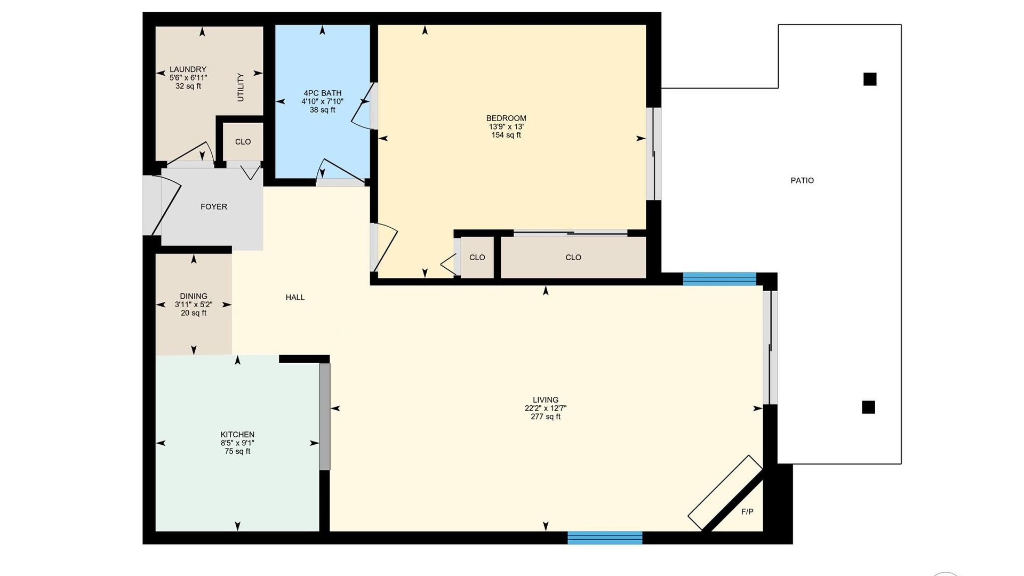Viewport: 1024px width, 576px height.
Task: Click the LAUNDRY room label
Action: [188, 69]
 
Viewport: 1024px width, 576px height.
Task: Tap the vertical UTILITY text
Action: [241, 87]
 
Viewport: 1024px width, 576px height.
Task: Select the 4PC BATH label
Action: [322, 93]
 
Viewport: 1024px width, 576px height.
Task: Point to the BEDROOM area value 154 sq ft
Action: [506, 135]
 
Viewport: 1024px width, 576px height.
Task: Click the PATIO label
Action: [802, 181]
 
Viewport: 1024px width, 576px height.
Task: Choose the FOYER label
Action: [214, 207]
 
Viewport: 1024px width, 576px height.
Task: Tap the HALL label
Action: [295, 298]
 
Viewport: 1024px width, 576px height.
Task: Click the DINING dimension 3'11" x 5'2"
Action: [194, 305]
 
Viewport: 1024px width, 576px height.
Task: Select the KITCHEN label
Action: [237, 435]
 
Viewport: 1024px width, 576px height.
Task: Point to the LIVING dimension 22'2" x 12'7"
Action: [546, 409]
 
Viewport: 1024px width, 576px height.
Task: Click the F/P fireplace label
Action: [747, 512]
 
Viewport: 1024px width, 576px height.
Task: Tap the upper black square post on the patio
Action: [870, 79]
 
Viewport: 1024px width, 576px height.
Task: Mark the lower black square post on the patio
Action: [868, 407]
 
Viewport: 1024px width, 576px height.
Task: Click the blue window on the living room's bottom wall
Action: [605, 538]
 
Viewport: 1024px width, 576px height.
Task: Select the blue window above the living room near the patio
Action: [719, 279]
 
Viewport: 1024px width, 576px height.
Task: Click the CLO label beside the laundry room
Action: [243, 142]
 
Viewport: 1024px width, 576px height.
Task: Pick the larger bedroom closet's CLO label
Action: [573, 258]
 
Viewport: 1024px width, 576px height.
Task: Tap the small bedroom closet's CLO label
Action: [477, 258]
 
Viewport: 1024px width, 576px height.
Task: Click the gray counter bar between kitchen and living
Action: [325, 417]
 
